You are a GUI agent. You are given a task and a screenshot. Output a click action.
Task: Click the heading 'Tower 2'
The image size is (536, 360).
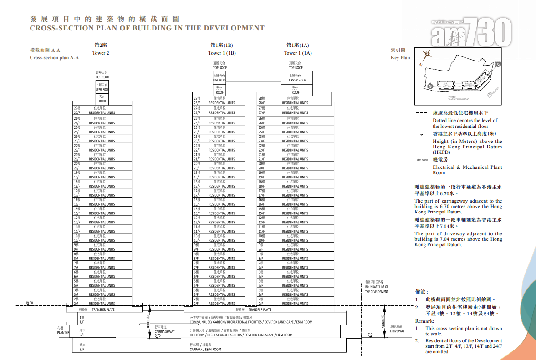[101, 53]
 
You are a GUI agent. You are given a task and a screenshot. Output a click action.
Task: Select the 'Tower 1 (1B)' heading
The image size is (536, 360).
[222, 53]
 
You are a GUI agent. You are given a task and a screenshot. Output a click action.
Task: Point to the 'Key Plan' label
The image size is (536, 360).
[400, 58]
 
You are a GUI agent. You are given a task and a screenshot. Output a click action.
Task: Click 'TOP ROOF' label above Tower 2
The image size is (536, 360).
[102, 77]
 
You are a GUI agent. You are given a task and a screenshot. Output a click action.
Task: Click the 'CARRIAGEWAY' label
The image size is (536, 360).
[164, 332]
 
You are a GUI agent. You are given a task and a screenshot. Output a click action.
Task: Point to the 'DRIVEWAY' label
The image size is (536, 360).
[397, 331]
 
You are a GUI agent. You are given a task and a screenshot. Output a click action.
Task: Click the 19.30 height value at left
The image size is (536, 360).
[30, 303]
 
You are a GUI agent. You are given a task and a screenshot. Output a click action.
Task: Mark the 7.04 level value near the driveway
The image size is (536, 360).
[370, 335]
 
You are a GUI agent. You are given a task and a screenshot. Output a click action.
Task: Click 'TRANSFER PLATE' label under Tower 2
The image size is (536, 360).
[103, 309]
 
